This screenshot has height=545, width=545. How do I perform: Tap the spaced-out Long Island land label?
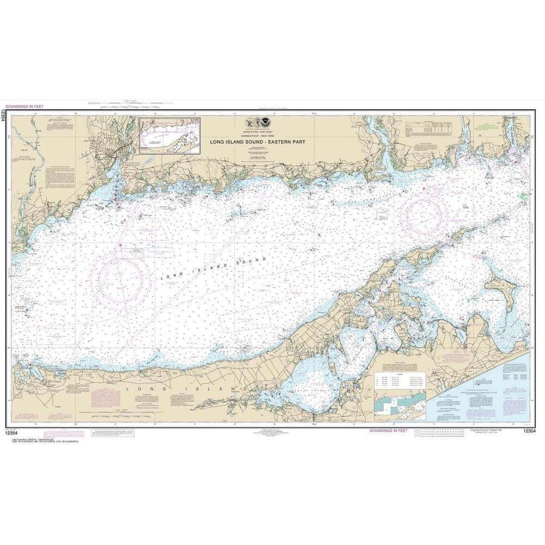185,388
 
